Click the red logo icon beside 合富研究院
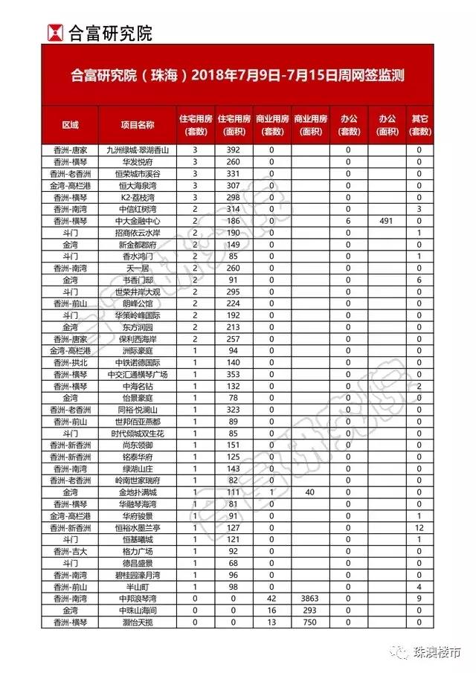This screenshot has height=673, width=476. pos(54,32)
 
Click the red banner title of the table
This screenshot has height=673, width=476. pos(238,77)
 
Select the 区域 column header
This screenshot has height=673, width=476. pos(70,125)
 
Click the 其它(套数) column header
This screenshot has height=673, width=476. pos(419,125)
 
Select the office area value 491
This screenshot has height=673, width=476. pos(385,222)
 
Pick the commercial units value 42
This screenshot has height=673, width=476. pos(271,598)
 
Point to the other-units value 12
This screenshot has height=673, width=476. pos(419,527)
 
